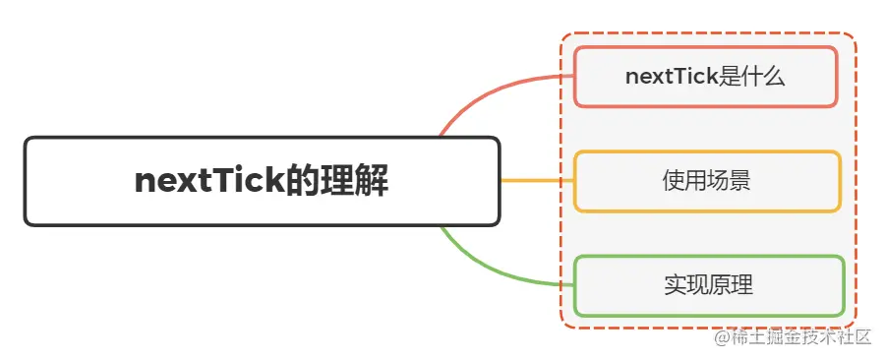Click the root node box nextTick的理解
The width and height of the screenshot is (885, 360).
tap(262, 181)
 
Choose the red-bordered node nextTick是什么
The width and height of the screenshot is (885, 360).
tap(705, 77)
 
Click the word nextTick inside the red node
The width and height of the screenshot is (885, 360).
tap(672, 77)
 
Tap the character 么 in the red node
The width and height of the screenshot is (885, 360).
tap(774, 77)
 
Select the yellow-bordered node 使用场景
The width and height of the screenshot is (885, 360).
tap(707, 181)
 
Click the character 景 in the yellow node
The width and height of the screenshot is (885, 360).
tap(740, 181)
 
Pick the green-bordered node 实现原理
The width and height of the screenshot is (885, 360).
tap(708, 286)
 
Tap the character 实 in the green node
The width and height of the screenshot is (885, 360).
tap(675, 286)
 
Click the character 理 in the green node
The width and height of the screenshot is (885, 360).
tap(742, 286)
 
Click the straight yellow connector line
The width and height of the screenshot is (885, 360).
tap(537, 181)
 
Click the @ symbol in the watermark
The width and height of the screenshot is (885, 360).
tap(723, 337)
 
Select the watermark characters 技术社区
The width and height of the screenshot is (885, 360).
tap(837, 337)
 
